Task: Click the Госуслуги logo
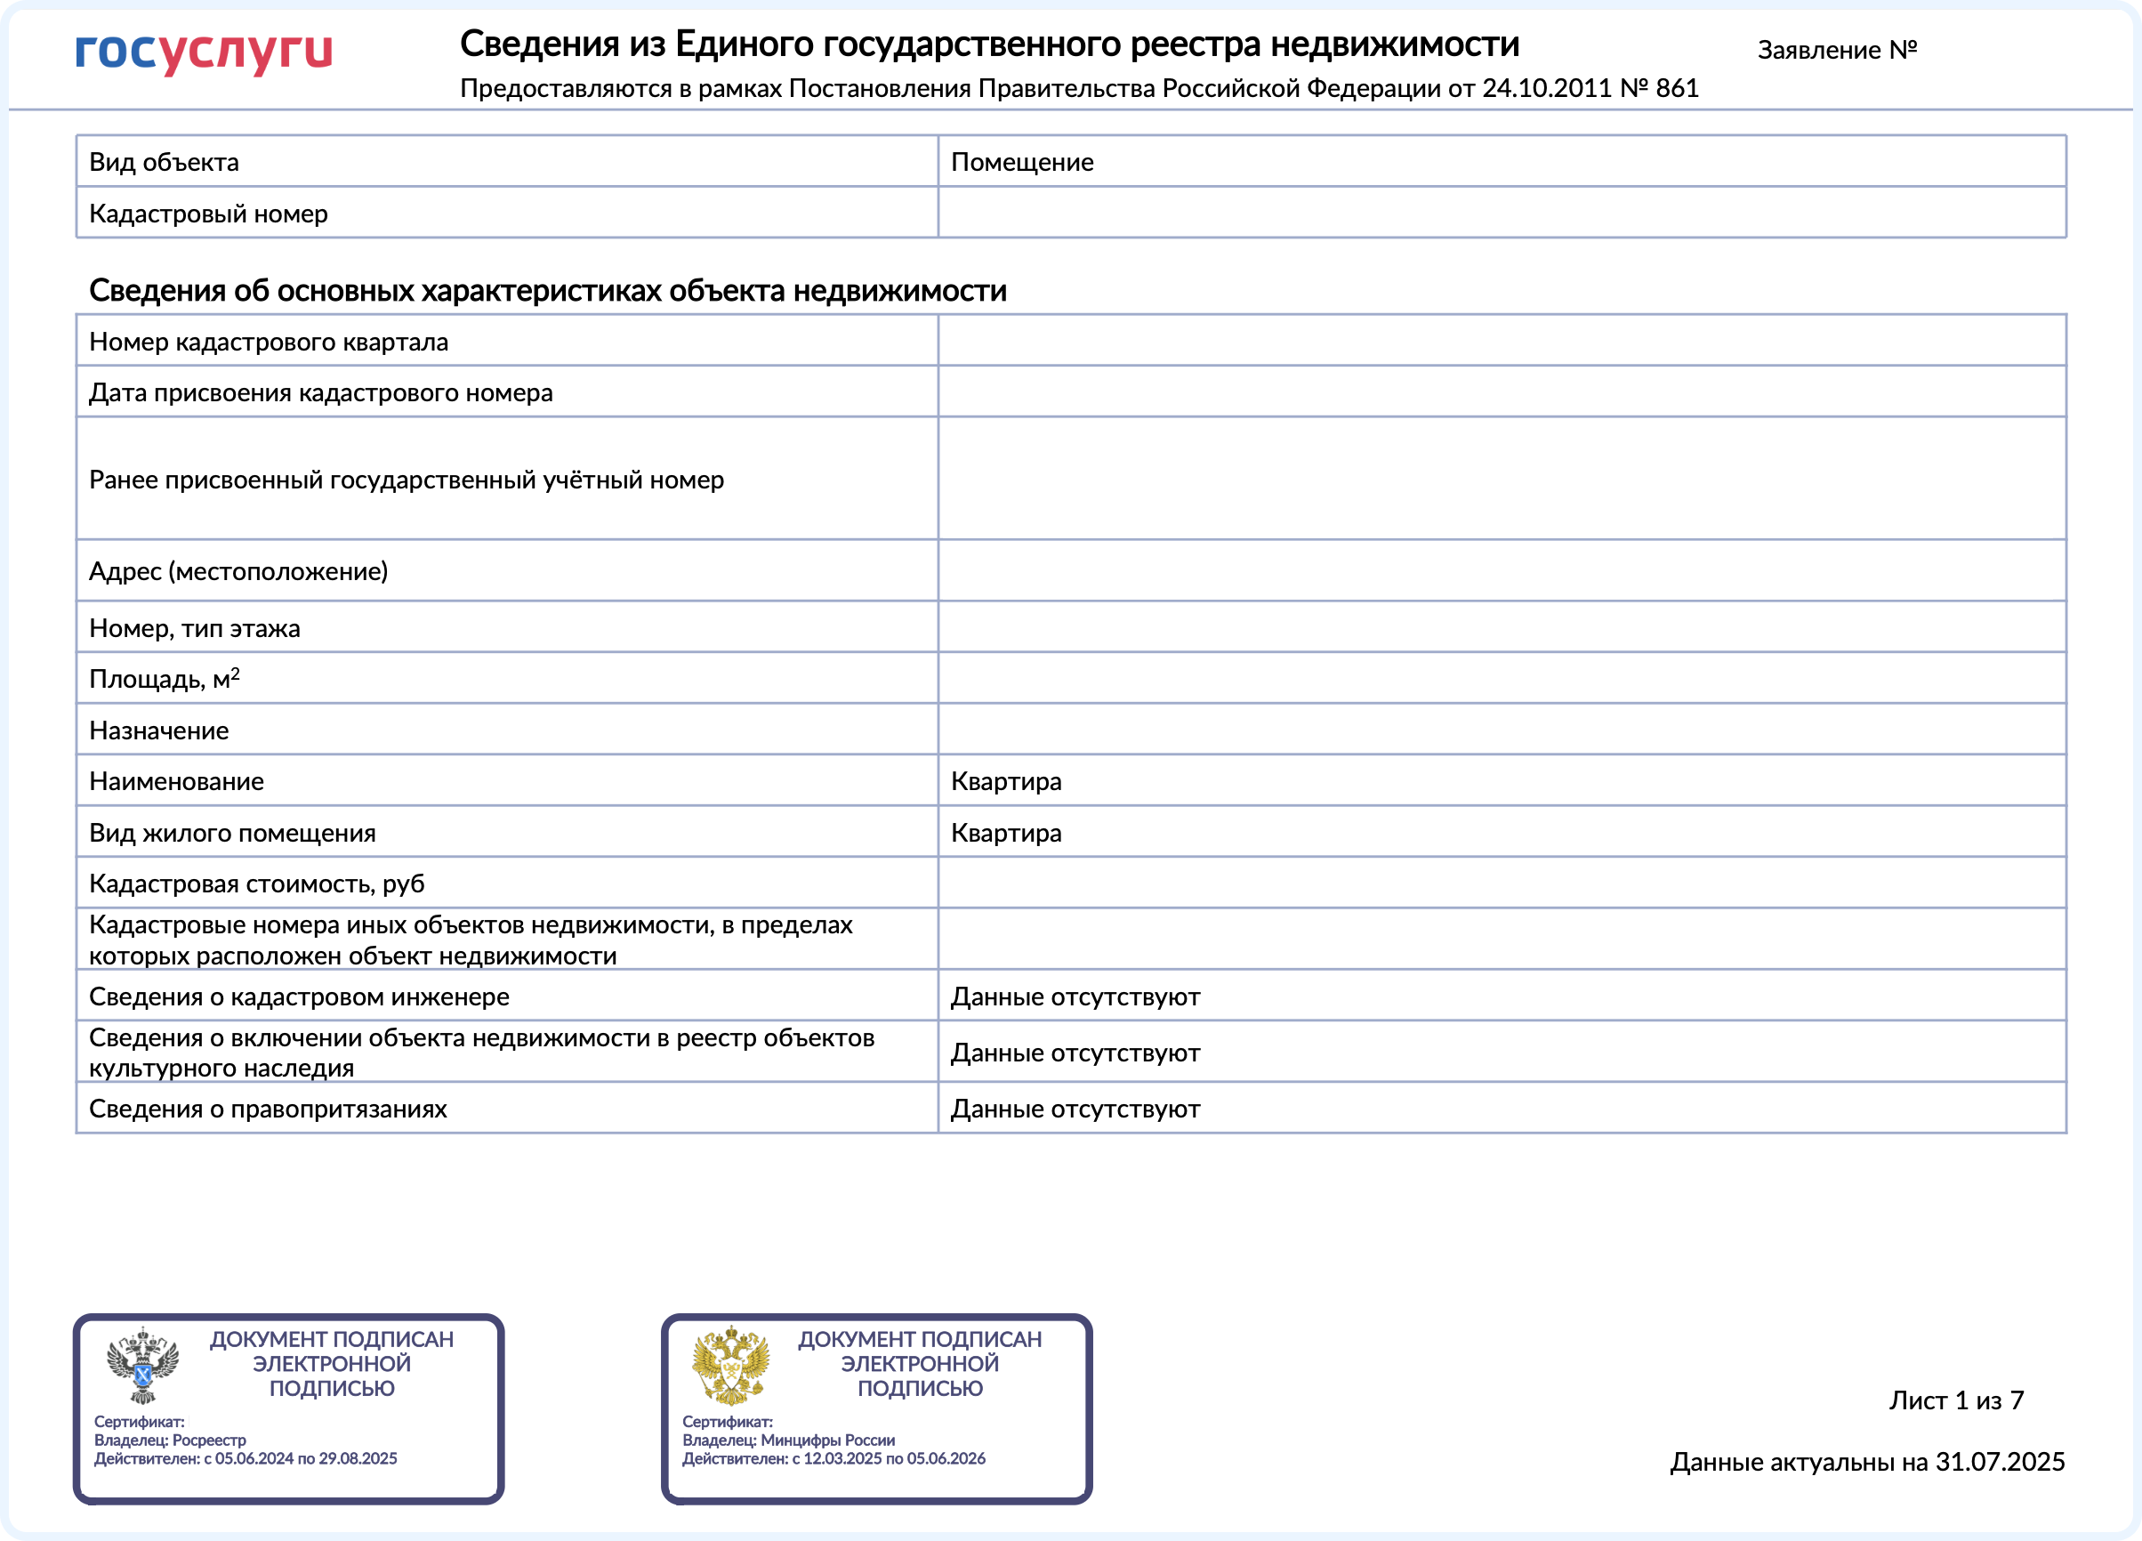203,52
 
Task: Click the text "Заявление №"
1836,50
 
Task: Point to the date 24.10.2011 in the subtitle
1546,89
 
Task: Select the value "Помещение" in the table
1021,163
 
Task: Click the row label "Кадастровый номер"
208,214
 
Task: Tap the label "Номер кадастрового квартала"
269,342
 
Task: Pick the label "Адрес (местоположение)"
238,571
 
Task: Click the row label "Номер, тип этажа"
195,628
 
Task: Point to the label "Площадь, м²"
165,680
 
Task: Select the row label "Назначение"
158,730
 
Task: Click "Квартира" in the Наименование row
1005,781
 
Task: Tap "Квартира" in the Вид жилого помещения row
1005,834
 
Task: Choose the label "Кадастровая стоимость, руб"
256,884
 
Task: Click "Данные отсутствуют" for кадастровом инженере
1074,996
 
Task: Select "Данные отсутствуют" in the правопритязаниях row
1074,1109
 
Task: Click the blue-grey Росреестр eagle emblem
141,1365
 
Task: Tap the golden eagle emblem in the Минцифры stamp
730,1365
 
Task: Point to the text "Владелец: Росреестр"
170,1440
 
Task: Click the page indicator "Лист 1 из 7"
1956,1400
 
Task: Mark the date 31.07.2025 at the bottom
2000,1462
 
